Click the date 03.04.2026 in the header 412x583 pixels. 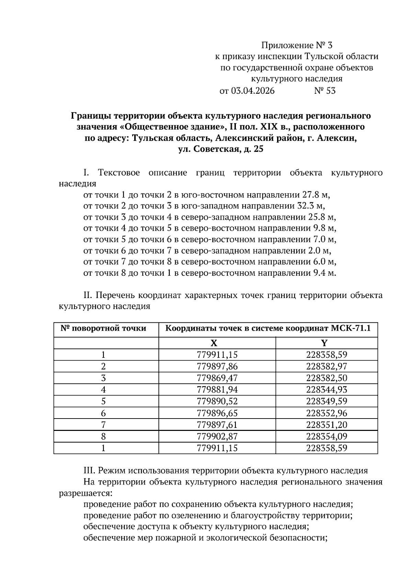[x=253, y=91]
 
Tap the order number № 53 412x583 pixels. [x=325, y=91]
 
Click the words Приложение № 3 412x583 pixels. [x=297, y=45]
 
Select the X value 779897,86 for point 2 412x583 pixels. [x=217, y=366]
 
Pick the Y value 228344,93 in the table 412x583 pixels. [x=327, y=390]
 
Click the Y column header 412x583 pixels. [x=324, y=343]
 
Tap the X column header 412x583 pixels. [x=214, y=343]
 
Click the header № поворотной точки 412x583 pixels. [x=103, y=329]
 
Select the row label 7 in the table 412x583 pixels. [x=103, y=425]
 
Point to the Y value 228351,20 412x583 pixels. [x=327, y=425]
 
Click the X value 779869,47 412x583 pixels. [x=217, y=378]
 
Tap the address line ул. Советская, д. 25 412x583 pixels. [x=221, y=149]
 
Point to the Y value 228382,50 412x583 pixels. [x=327, y=378]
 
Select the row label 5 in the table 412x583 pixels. [x=103, y=401]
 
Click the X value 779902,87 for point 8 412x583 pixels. [x=217, y=436]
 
